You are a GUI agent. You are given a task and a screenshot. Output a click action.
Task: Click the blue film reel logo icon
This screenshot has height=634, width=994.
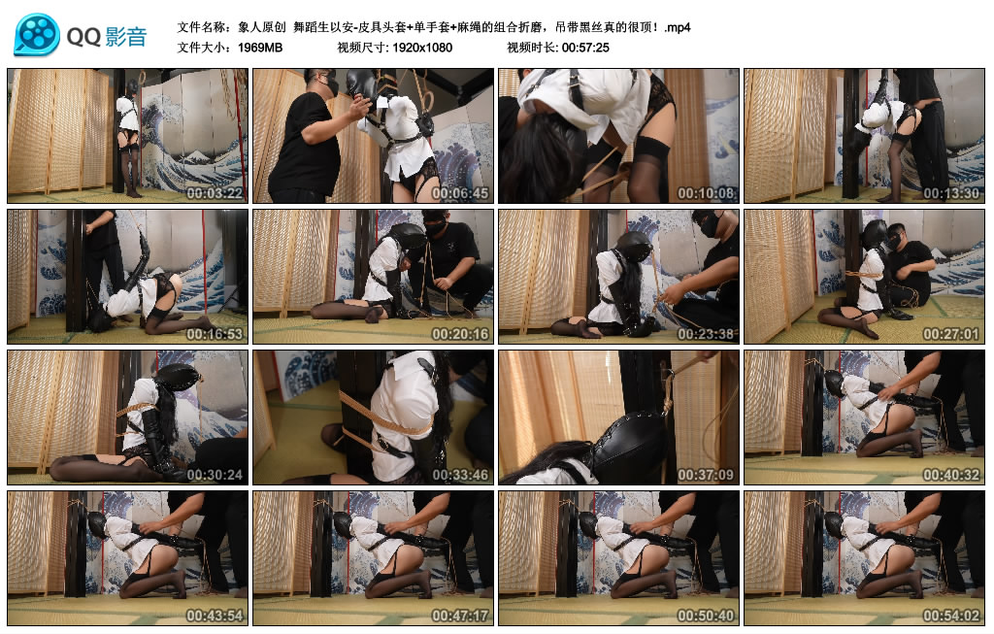pos(37,34)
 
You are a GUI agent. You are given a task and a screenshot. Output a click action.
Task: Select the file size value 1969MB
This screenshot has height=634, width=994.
pos(260,48)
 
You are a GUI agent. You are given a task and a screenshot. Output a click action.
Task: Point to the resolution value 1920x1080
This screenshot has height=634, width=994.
pos(422,48)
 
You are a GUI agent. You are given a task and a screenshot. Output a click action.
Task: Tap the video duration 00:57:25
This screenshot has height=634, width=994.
pos(585,48)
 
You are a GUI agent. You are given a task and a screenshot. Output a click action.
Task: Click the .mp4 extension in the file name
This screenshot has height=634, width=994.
pos(677,28)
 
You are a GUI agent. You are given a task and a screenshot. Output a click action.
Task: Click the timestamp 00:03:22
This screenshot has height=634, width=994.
pos(215,193)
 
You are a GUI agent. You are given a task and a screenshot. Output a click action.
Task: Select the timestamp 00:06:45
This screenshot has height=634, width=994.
pos(460,193)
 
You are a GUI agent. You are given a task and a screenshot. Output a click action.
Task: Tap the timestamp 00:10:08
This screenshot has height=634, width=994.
pos(706,193)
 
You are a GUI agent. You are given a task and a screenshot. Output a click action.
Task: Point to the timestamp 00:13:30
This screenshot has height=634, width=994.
pos(951,193)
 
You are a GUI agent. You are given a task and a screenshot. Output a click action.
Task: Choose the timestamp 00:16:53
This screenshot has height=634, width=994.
pos(215,333)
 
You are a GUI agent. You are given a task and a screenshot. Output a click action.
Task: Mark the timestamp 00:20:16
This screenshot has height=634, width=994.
pos(460,333)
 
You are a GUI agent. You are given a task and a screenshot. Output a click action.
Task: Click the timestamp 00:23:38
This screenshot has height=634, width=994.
pos(706,333)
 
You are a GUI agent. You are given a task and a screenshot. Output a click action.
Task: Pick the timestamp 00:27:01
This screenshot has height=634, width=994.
pos(951,333)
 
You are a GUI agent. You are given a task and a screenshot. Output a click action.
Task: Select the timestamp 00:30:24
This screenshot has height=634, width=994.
pos(215,474)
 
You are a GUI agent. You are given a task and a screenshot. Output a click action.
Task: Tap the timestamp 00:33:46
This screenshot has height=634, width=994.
pos(460,474)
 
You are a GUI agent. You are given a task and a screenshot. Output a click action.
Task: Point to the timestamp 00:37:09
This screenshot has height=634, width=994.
pos(706,474)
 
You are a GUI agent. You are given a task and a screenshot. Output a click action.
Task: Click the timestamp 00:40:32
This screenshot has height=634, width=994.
pos(951,474)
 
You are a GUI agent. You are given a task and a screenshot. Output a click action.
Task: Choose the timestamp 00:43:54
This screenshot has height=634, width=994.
pos(215,615)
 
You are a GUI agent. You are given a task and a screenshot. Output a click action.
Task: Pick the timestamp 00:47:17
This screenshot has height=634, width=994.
pos(460,615)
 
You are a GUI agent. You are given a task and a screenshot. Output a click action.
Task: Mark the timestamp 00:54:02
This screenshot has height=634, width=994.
pos(951,615)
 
